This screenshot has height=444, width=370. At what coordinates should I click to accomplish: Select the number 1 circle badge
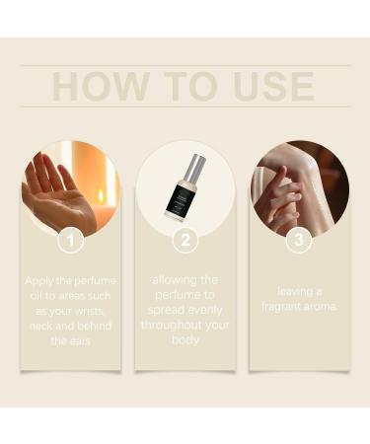point(69,240)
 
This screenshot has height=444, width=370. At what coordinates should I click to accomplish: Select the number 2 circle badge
point(185,240)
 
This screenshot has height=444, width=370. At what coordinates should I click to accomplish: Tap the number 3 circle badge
point(299,240)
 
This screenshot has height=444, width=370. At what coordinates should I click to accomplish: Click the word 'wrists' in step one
point(96,310)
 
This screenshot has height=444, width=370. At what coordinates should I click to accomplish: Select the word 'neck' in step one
point(44,325)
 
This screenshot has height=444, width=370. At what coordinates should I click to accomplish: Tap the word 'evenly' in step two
point(202,309)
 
